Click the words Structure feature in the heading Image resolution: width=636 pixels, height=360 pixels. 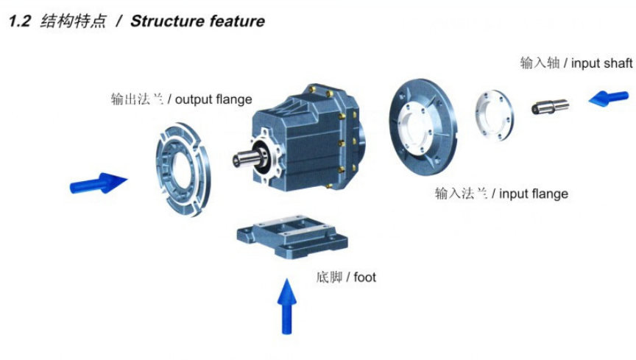[197, 21]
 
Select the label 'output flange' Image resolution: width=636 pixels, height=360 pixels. [213, 99]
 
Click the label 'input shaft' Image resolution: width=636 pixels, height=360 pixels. [601, 63]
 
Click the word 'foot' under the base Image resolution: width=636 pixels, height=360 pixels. [364, 278]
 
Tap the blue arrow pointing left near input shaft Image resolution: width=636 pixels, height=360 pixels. [608, 98]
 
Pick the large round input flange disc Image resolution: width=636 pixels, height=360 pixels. [422, 121]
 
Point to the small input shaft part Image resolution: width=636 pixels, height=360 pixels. [550, 106]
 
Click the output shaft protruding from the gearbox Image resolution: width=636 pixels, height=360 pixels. [244, 157]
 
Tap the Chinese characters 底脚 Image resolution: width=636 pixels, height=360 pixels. [328, 278]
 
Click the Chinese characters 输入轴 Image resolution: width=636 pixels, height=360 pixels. [540, 63]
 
